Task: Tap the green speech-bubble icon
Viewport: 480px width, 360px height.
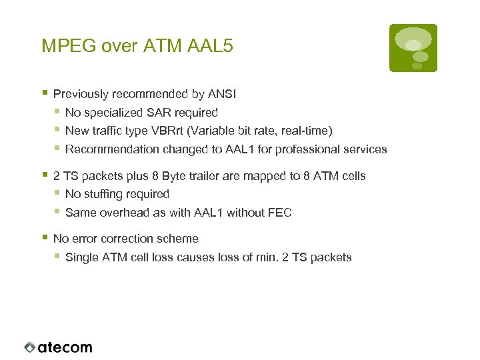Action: point(413,47)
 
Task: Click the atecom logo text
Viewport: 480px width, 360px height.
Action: point(65,347)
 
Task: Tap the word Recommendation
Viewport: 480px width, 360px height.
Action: point(103,149)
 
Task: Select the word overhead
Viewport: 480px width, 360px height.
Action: point(123,213)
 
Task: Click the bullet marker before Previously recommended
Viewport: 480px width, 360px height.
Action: point(44,93)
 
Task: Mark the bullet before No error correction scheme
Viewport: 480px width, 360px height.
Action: point(44,237)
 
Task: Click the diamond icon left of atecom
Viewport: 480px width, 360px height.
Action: point(29,347)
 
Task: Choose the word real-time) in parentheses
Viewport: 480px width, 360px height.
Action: point(307,131)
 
